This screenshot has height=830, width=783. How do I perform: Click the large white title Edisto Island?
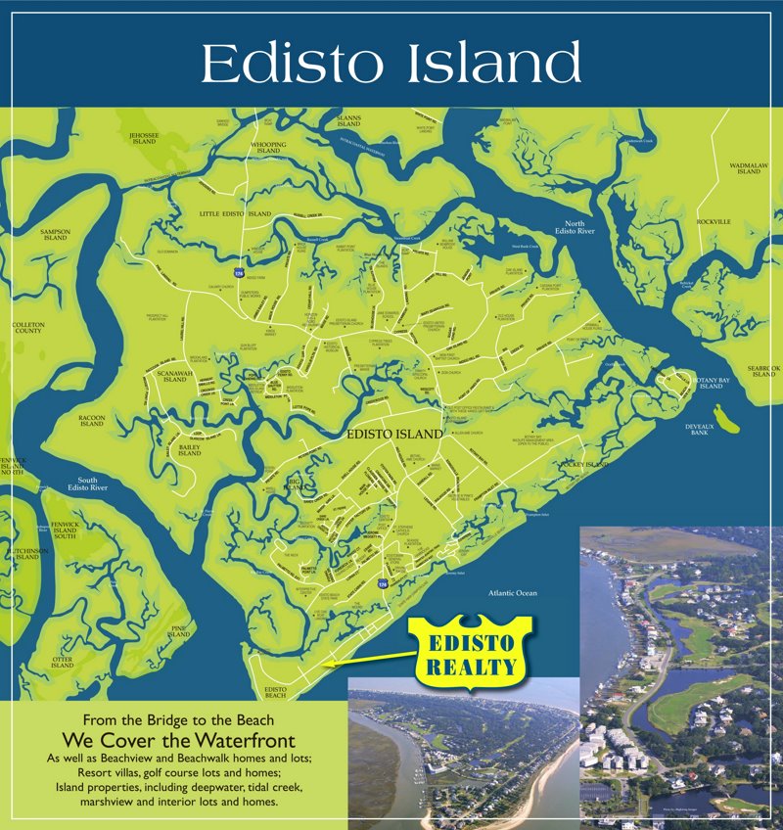point(391,64)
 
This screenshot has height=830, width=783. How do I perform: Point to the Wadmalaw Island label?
point(748,168)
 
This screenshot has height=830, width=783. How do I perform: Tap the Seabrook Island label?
point(761,371)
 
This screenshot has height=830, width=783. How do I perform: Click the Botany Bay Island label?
point(709,383)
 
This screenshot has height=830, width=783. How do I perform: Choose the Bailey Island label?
point(189,449)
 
